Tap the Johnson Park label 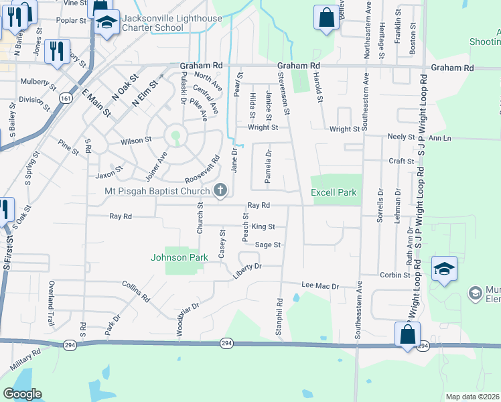click(176, 257)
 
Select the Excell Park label click(334, 193)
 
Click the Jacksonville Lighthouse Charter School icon click(106, 23)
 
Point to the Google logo click(22, 394)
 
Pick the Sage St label click(267, 245)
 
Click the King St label click(264, 227)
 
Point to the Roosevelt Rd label click(203, 171)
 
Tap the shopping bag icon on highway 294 click(407, 334)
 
